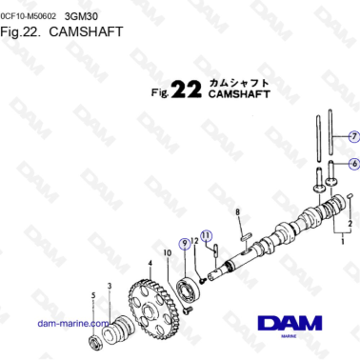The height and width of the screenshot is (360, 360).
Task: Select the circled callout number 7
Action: (x=352, y=135)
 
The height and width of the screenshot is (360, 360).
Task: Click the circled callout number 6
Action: (x=352, y=164)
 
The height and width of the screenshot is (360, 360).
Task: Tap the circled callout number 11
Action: (x=206, y=234)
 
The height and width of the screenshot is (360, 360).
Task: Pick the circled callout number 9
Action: (x=184, y=245)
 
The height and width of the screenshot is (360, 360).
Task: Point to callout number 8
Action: (x=238, y=214)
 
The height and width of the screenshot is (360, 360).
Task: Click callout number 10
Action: (x=167, y=253)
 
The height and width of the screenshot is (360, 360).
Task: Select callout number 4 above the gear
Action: (x=150, y=263)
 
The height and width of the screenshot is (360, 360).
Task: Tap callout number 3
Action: (x=110, y=285)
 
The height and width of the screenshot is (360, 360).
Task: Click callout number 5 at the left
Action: (x=92, y=297)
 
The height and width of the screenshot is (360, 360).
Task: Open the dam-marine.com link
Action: (x=68, y=324)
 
